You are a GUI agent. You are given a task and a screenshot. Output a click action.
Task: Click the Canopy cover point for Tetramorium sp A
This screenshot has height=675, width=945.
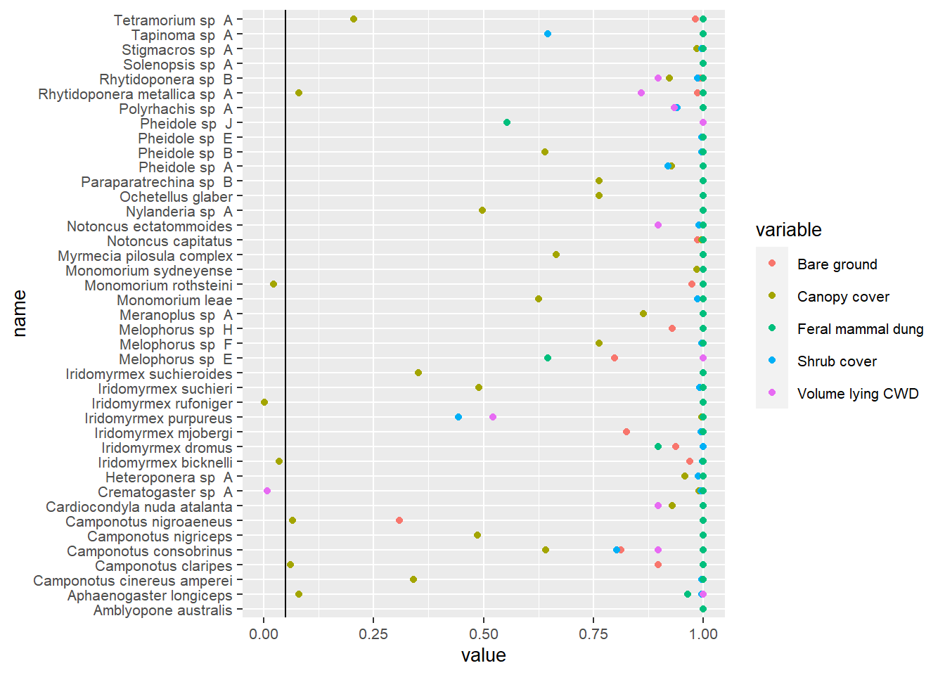click(354, 19)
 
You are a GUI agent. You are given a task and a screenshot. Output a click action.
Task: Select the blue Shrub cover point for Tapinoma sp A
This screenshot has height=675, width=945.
click(548, 34)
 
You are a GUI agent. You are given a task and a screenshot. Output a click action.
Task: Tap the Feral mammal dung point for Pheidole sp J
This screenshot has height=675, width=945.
click(507, 122)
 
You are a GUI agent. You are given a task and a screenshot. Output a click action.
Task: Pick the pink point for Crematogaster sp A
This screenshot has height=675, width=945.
click(267, 491)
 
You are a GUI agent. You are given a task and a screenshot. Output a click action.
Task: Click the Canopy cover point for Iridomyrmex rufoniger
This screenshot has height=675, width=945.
click(264, 402)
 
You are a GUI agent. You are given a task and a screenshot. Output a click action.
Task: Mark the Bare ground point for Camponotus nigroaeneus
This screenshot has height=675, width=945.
click(399, 520)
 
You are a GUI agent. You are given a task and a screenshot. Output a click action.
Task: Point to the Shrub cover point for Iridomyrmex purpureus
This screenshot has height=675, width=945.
click(458, 417)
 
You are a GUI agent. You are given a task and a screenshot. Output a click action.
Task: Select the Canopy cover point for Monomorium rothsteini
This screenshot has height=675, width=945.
click(274, 284)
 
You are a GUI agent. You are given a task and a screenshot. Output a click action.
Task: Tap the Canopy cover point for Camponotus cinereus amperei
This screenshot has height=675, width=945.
click(413, 579)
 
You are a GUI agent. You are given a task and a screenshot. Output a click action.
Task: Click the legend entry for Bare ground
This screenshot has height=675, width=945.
click(837, 264)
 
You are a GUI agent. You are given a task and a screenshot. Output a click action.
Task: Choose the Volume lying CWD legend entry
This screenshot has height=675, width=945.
click(857, 394)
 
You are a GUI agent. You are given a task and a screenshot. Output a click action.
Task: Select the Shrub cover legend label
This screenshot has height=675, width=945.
click(837, 361)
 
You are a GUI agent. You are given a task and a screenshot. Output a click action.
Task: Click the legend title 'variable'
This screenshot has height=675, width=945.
click(788, 230)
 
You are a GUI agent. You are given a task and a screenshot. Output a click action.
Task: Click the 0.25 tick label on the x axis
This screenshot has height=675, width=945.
click(373, 634)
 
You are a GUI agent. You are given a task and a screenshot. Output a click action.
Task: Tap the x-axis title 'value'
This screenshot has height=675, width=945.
click(483, 655)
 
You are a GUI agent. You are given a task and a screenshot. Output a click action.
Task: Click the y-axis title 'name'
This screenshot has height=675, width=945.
click(19, 314)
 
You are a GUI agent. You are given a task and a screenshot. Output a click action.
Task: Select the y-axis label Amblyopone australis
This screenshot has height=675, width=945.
click(162, 610)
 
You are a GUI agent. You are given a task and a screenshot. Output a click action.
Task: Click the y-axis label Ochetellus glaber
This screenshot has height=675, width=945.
click(176, 197)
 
